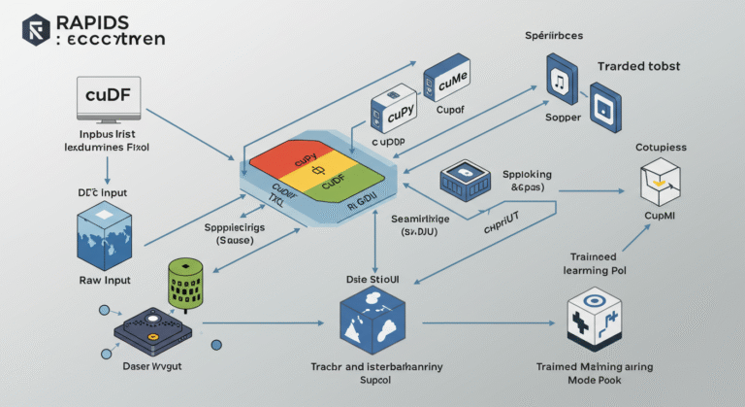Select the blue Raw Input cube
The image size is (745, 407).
pos(103,233)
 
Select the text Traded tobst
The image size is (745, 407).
pos(639,66)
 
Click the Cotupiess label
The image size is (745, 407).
pos(661,147)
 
